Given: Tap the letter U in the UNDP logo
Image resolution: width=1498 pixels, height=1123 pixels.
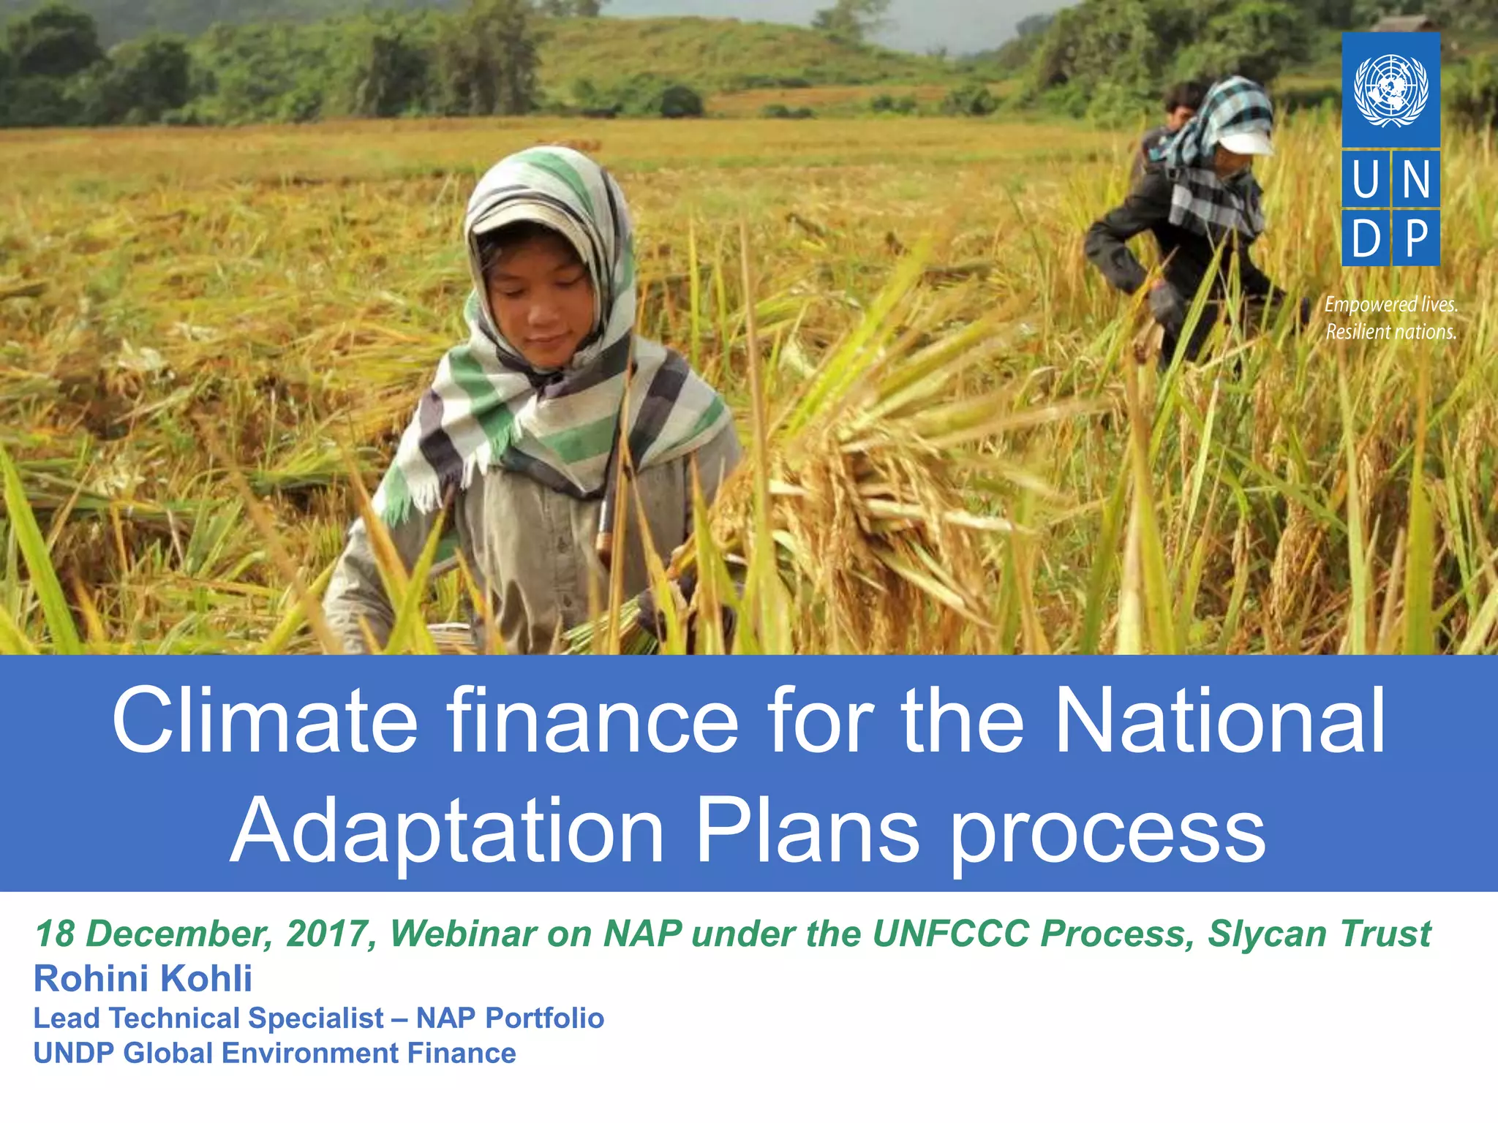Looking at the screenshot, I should coord(1365,179).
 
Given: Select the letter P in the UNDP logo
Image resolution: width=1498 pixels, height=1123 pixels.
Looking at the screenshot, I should coord(1417,239).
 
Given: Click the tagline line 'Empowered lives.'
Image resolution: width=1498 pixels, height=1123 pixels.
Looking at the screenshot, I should coord(1390,305).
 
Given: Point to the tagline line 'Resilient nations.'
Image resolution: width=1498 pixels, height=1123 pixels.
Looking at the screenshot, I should coord(1390,333).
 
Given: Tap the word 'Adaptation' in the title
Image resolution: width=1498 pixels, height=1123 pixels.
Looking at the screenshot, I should coord(448,831).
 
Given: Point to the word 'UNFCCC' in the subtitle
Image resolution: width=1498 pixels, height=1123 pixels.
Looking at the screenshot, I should coord(952,934).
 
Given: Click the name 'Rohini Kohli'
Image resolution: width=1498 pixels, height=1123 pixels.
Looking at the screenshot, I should coord(143,978).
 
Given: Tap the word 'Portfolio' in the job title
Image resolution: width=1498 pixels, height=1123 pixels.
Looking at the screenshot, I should coord(544,1018).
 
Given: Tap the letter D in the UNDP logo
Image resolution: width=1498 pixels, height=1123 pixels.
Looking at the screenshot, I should coord(1365,239).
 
